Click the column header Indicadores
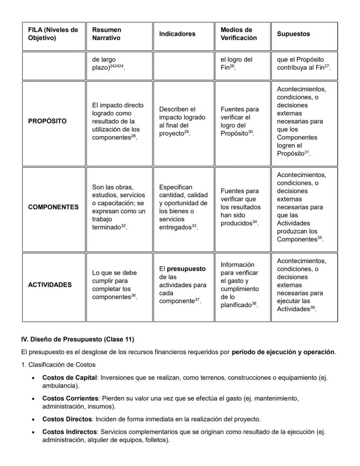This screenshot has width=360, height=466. coord(177,34)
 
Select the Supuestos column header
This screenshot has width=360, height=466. coord(293,34)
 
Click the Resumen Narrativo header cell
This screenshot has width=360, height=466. coord(107,34)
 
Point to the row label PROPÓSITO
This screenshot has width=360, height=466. coord(47,121)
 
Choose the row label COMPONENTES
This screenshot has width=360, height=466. coord(53,207)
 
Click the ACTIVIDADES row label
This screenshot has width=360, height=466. coord(50,285)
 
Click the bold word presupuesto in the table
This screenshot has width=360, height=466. coord(186,269)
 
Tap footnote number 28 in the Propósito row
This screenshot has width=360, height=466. coord(133,136)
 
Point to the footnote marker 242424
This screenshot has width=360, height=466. coord(117,67)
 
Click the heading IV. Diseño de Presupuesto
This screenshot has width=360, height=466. coord(77,339)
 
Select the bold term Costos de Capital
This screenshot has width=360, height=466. coord(69,378)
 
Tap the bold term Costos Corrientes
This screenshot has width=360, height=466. coord(70,399)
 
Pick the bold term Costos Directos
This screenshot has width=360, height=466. coord(67,419)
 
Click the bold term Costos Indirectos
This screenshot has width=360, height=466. coord(69,432)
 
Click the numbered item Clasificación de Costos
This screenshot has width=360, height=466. coord(58,365)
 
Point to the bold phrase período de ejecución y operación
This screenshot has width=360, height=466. coord(283,352)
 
